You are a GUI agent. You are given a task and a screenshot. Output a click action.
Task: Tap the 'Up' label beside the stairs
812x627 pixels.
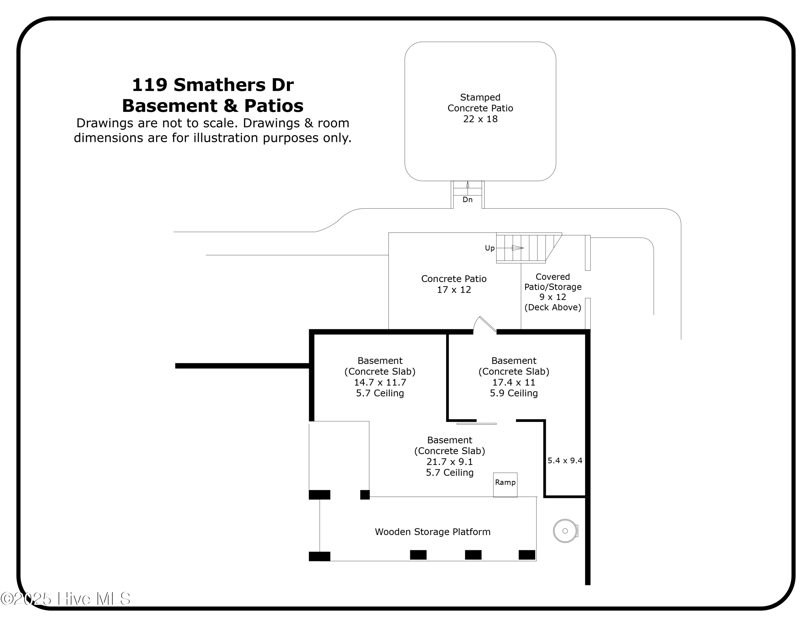coord(490,248)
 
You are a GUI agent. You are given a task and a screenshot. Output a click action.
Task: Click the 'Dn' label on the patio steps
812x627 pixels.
coord(467,200)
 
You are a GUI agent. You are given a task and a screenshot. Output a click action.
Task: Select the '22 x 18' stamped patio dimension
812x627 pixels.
coord(480,119)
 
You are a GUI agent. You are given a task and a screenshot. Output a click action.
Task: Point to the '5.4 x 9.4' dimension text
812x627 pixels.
coord(565,461)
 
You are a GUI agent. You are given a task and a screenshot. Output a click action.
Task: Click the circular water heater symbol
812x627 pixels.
coord(565,531)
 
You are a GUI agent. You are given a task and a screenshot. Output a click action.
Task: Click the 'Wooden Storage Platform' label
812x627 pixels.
coord(433,532)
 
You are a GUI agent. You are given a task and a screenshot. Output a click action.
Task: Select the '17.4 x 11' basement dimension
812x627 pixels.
coord(513,382)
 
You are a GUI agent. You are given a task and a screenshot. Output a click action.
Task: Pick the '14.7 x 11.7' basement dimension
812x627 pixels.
coord(379,382)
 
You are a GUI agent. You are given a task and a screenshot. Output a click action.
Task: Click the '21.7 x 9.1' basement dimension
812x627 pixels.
coord(450,462)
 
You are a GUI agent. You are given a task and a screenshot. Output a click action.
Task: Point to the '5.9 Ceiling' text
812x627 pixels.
coord(513,393)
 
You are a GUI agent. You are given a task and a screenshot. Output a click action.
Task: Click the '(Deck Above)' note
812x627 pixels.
coord(552,307)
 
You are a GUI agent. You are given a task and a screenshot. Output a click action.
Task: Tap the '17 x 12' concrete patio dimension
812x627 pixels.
coord(454,290)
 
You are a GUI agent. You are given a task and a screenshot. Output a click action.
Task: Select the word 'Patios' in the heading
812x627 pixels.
coord(274,106)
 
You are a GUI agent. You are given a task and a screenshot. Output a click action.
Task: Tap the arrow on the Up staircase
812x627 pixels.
coord(517,248)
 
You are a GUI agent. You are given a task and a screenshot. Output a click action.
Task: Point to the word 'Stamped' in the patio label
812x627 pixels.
coord(480,97)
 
